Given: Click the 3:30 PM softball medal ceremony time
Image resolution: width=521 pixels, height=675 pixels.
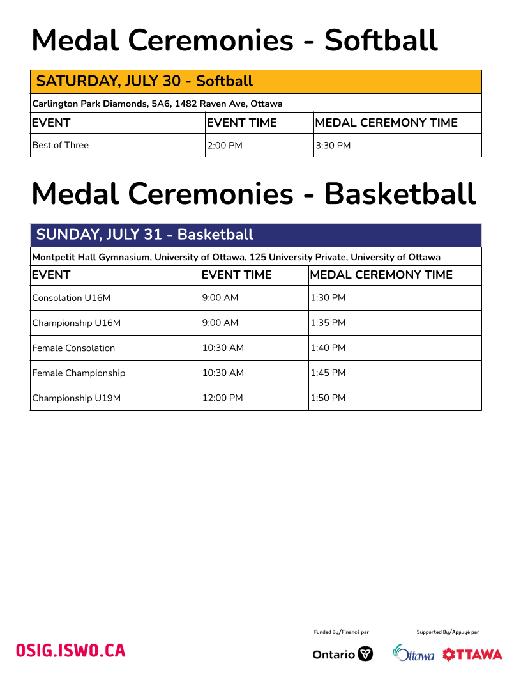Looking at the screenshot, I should click(x=333, y=145).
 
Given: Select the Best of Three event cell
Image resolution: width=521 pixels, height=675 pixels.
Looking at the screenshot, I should click(x=61, y=145).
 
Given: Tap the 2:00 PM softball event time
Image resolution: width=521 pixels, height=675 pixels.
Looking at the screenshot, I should click(x=225, y=145).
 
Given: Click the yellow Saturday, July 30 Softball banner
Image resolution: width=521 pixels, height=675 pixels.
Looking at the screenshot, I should click(x=255, y=82).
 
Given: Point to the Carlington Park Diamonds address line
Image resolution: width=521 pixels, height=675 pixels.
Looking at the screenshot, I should click(x=157, y=104).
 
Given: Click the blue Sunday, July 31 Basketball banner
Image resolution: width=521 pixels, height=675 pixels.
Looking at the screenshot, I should click(x=255, y=235).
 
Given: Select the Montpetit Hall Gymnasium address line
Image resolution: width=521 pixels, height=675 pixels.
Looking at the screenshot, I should click(x=236, y=257).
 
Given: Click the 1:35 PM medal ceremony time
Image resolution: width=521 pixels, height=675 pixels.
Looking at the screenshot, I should click(x=328, y=323).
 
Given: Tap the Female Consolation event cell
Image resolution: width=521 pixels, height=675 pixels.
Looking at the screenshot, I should click(x=74, y=348).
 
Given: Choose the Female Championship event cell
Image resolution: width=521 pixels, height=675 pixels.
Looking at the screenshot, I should click(x=79, y=373).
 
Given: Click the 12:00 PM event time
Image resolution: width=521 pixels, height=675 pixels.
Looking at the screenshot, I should click(x=223, y=398).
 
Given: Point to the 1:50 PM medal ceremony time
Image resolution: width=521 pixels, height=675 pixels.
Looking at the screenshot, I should click(x=328, y=398).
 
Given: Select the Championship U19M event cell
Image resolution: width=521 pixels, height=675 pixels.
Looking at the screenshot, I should click(x=77, y=398).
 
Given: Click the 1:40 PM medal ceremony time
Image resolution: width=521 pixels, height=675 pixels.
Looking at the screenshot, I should click(x=328, y=348).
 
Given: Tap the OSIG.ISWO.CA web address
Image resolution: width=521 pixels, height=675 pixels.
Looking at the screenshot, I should click(x=71, y=651).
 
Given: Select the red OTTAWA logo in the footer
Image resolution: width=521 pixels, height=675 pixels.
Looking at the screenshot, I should click(x=472, y=654).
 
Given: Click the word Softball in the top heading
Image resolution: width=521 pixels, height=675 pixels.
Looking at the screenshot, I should click(x=381, y=41).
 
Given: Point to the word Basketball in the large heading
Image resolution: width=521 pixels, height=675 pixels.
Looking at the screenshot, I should click(x=400, y=194).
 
